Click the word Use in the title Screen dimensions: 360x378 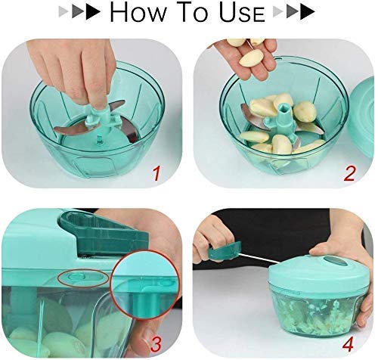point(239,14)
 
